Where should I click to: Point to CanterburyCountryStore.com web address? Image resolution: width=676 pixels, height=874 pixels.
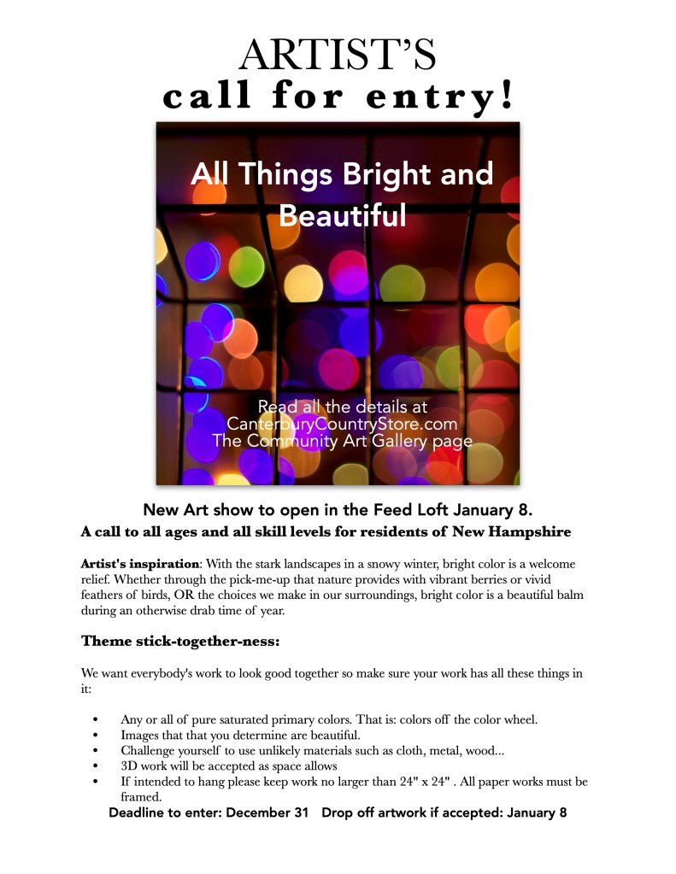(x=342, y=424)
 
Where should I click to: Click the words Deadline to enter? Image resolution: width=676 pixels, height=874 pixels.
(x=165, y=813)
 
